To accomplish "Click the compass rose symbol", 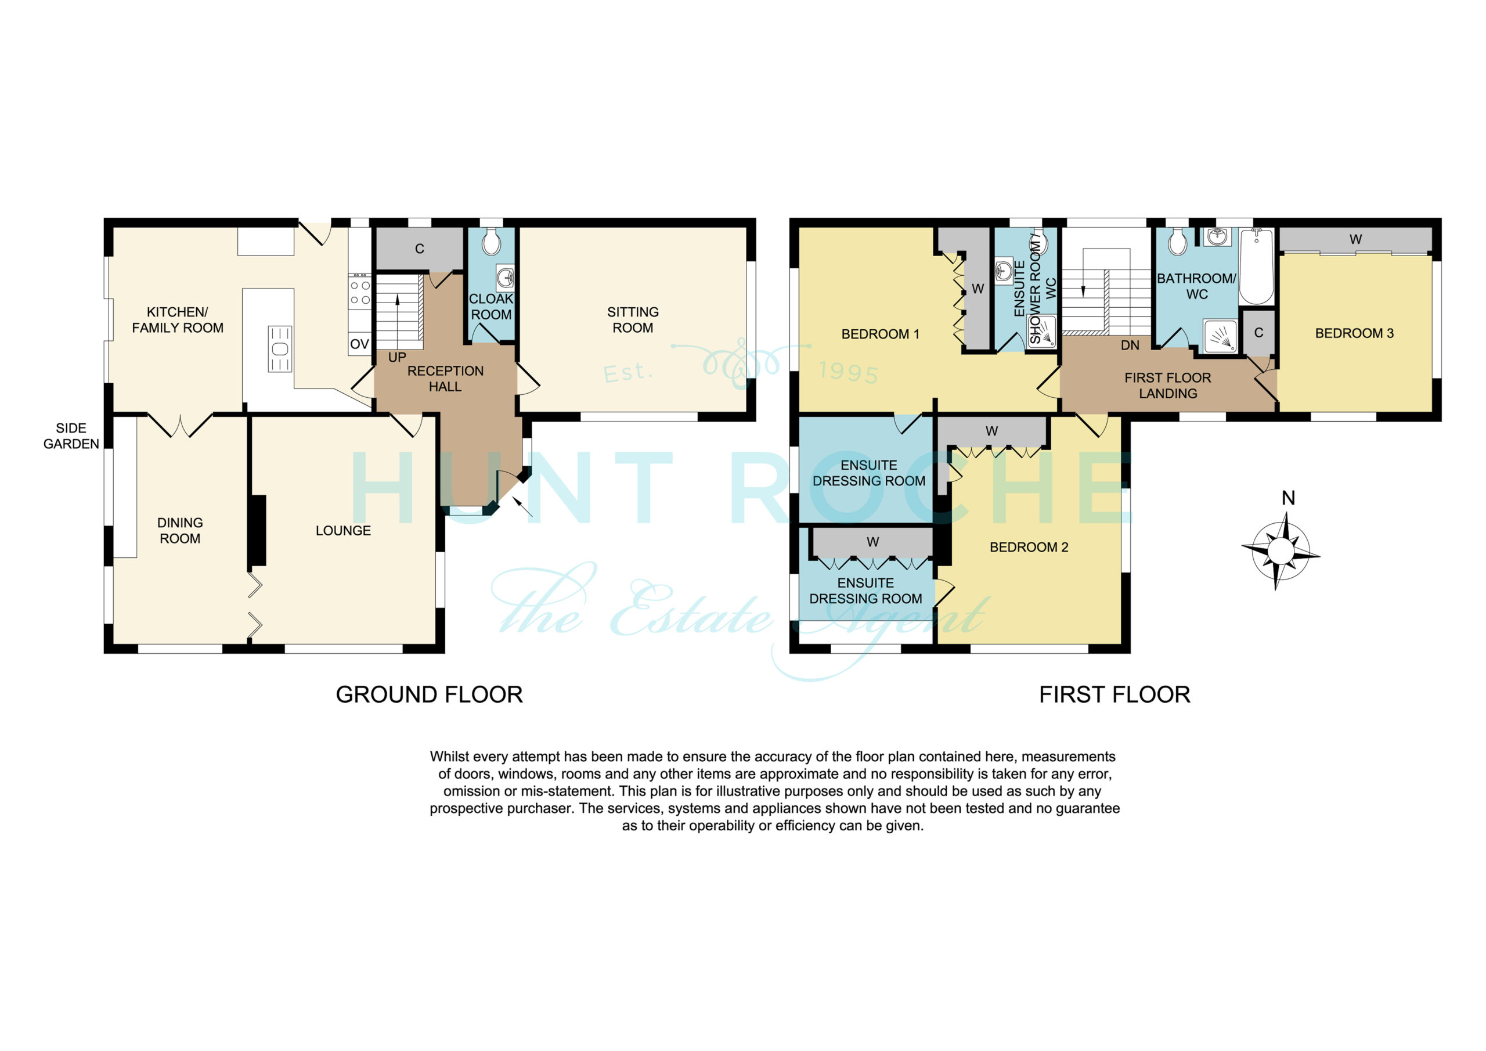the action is pos(1279,551).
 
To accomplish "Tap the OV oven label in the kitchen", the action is pos(359,344).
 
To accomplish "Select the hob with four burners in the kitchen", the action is pos(360,292).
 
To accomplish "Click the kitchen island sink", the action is pos(280,349).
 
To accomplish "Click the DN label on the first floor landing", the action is pos(1130,345).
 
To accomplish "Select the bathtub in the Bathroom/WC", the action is pos(1256,266).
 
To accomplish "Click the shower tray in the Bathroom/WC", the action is pos(1220,336).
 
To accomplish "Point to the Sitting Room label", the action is pos(633,320).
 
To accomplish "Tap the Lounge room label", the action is pos(343,530).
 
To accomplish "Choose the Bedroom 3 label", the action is pos(1354,333).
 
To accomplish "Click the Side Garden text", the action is pos(71,436).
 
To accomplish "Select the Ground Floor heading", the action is pos(429,694).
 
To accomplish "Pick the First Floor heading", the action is pos(1114,694).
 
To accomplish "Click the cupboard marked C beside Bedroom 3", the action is pos(1259,333).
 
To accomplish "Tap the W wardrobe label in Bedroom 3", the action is pos(1355,239).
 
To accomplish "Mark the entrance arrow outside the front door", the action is pos(522,506).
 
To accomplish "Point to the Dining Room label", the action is pos(180,530).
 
